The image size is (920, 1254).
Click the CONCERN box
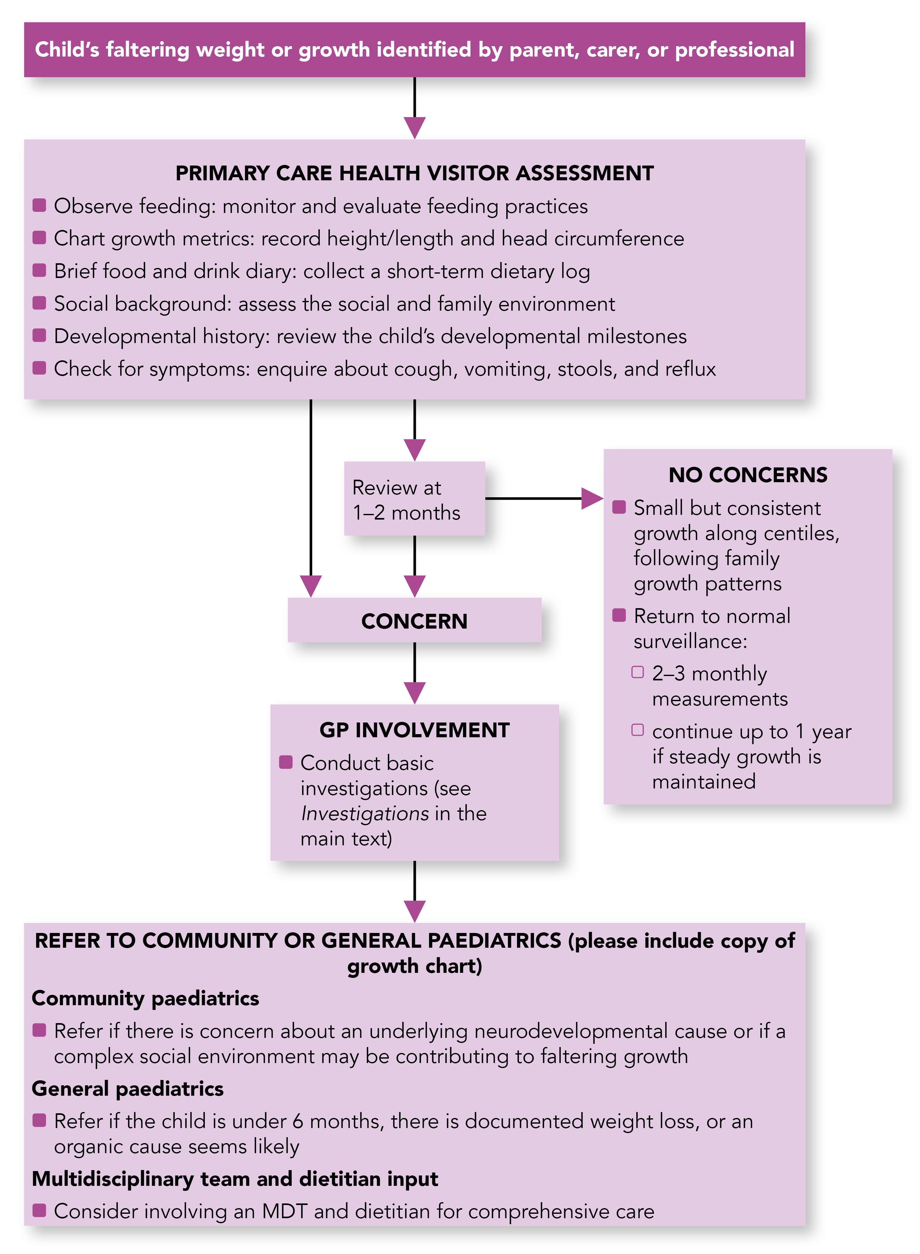tap(414, 620)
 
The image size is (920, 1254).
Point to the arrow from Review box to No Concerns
tap(543, 499)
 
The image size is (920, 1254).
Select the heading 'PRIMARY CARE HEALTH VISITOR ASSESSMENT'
tap(414, 173)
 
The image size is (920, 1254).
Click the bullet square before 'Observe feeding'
tap(39, 205)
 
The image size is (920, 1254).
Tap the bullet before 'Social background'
tap(39, 303)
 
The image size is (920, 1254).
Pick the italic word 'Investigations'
tap(364, 814)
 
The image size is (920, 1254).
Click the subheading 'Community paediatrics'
tap(145, 998)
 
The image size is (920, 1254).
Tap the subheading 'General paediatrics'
tap(128, 1089)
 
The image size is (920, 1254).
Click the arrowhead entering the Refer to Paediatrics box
tap(414, 911)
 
